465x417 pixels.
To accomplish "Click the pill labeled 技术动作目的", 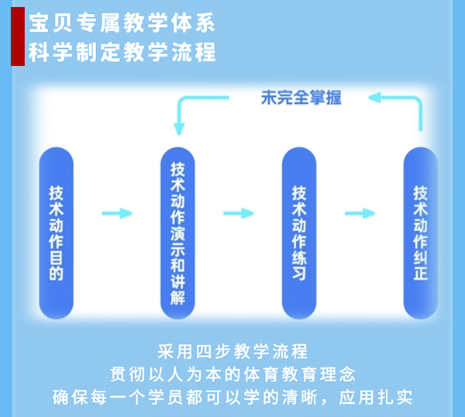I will point(56,233).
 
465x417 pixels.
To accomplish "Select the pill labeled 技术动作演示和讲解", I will point(177,233).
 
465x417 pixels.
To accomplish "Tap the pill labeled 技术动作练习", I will point(299,233).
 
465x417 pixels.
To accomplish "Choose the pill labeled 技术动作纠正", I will point(420,233).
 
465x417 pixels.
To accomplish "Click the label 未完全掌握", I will point(301,98).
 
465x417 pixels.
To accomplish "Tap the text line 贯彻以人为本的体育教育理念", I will point(232,374).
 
